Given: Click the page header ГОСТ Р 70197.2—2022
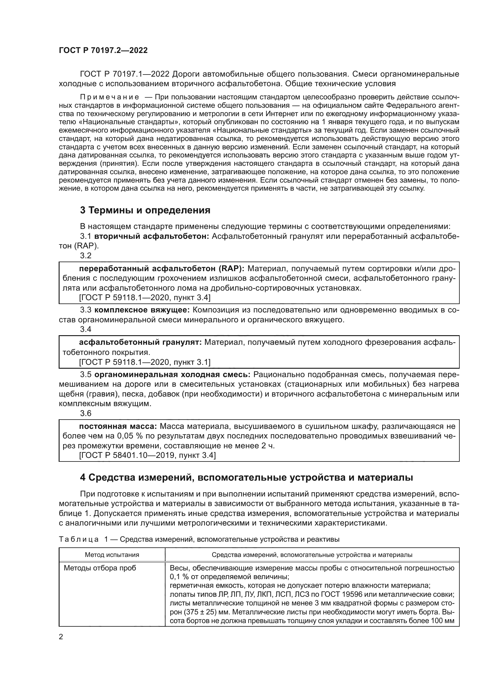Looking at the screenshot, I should click(103, 51).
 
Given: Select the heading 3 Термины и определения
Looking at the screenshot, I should click(145, 210).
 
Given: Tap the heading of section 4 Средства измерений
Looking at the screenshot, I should click(246, 477).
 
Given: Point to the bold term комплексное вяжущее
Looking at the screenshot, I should click(142, 310).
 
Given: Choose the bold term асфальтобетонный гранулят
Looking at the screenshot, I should click(140, 342).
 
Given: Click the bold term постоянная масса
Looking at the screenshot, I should click(118, 426).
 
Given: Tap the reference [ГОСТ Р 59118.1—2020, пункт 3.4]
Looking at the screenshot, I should click(145, 297).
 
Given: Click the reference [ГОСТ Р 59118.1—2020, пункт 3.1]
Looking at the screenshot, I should click(145, 362).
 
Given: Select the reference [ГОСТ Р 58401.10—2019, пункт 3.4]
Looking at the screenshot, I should click(147, 455).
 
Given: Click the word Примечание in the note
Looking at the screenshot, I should click(110, 97).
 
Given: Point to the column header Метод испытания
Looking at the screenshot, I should click(112, 555).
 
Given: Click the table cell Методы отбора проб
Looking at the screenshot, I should click(100, 568).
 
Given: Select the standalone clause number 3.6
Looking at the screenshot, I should click(86, 413).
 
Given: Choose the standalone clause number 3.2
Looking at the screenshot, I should click(86, 256).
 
